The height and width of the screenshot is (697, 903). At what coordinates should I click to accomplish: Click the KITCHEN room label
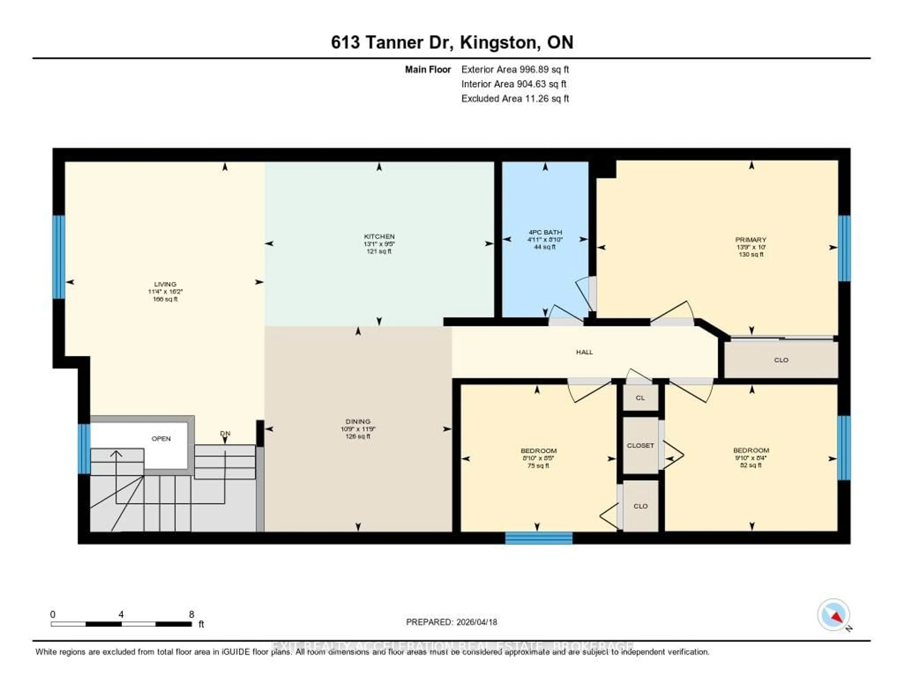coord(379,236)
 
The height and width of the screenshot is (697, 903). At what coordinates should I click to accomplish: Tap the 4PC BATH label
coord(545,232)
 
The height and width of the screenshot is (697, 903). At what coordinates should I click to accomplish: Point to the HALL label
coord(584,352)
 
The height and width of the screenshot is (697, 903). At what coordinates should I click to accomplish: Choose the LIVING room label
coord(165,284)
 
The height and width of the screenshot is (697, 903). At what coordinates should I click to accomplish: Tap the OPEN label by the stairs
coord(161,439)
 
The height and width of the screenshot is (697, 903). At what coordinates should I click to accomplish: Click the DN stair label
coord(225,433)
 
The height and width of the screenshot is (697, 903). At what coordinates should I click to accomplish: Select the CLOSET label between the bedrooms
coord(640,445)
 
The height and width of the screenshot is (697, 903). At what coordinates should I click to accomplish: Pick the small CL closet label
coord(640,398)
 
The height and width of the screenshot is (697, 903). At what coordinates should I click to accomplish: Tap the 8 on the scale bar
coord(191,614)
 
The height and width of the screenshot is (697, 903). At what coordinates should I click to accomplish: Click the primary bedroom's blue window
coord(844,248)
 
